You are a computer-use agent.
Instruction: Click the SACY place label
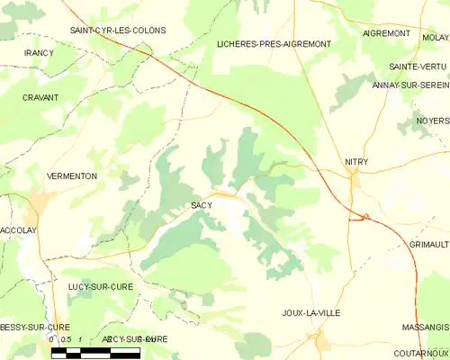[x=202, y=205]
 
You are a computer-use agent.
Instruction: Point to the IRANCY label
[x=39, y=53]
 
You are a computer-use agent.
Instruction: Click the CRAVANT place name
[x=40, y=97]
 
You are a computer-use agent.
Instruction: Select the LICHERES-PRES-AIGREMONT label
[x=274, y=43]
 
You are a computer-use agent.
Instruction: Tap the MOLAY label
[x=436, y=38]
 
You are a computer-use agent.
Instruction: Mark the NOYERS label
[x=433, y=121]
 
